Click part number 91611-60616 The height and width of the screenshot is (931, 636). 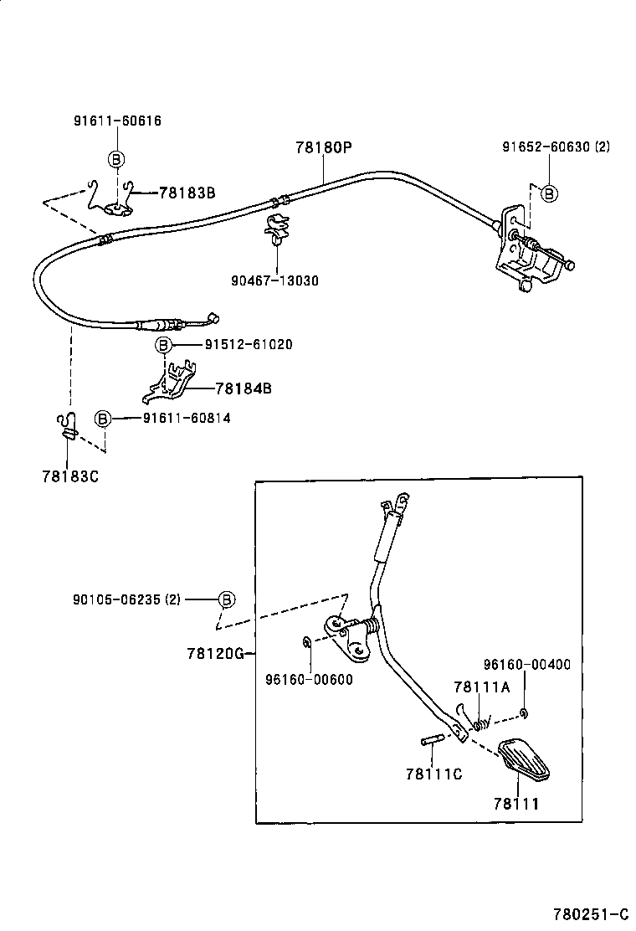point(117,121)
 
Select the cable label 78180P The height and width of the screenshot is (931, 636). point(324,147)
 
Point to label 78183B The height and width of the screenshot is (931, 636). point(187,193)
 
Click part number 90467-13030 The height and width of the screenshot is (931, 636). point(274,280)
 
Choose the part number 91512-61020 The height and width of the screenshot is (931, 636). point(249,344)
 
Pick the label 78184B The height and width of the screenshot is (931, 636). point(244,388)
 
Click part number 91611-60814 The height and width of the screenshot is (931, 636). point(187,418)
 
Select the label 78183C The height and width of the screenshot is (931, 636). point(70,476)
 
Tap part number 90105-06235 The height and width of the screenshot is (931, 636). point(117,599)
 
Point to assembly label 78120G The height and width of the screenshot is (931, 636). point(215,654)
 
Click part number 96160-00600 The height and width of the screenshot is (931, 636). point(309,679)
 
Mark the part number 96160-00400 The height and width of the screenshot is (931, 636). point(527,665)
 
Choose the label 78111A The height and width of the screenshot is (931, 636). point(482,687)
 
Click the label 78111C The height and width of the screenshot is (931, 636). point(434,774)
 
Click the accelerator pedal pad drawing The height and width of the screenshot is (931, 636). point(523,759)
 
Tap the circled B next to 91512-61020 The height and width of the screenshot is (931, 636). point(163,344)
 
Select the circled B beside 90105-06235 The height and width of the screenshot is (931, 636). point(227,599)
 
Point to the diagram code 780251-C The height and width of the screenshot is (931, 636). point(591,913)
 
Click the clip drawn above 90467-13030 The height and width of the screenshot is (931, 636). point(277,229)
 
